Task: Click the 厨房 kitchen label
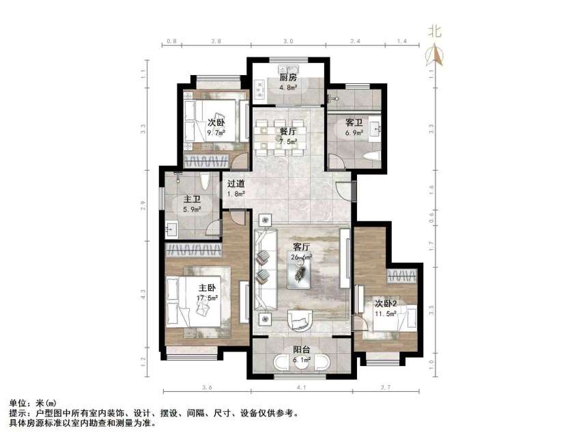(x=287, y=77)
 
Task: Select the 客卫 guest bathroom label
(x=354, y=123)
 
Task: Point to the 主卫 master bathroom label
(x=190, y=200)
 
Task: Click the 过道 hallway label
(x=236, y=183)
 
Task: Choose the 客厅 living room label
(x=302, y=247)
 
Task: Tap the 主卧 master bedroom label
(x=208, y=288)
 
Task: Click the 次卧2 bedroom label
(x=386, y=302)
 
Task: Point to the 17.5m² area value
(x=208, y=298)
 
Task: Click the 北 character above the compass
(x=435, y=31)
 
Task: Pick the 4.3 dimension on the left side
(x=143, y=295)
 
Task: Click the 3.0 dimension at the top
(x=288, y=42)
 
